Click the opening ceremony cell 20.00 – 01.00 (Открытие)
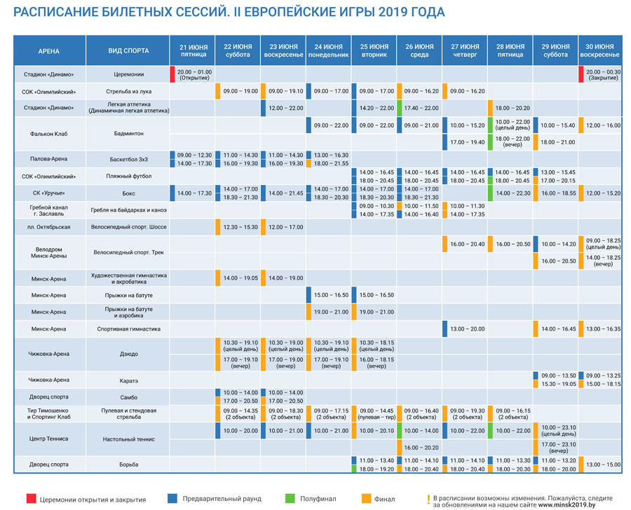pos(194,74)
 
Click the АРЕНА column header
pos(49,51)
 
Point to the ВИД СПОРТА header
pos(128,51)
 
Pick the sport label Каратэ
pos(128,380)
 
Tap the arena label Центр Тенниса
pos(49,439)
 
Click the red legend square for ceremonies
pos(31,498)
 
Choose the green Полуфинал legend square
pos(290,498)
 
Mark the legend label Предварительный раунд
pos(222,499)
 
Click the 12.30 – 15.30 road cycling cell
pos(240,227)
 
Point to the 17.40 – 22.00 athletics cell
pos(421,108)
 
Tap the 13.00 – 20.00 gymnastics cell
pos(466,329)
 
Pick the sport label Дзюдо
pos(128,354)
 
